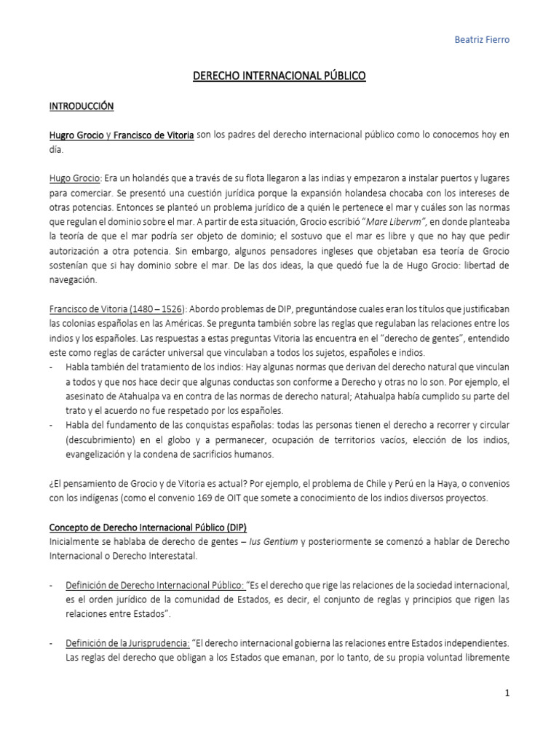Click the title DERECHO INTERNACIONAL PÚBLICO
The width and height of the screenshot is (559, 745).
[279, 75]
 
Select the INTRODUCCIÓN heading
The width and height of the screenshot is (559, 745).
[82, 106]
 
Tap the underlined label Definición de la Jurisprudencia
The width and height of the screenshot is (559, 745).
[127, 643]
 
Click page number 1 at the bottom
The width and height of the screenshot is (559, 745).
[507, 694]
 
